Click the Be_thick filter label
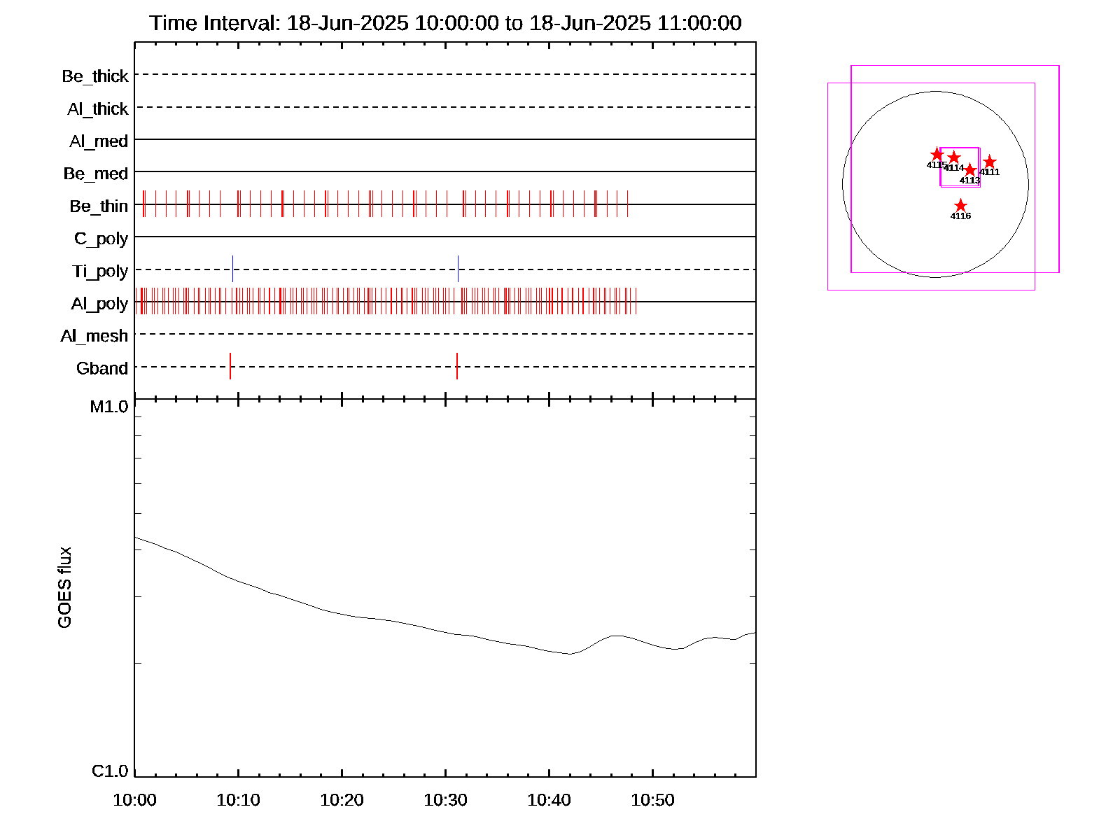[x=95, y=76]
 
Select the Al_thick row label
[x=98, y=108]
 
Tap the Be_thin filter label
[x=99, y=206]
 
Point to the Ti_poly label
[x=100, y=271]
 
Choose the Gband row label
[x=102, y=368]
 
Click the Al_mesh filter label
[x=94, y=336]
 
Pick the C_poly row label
[x=101, y=239]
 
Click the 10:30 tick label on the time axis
[x=445, y=799]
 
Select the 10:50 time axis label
[x=652, y=799]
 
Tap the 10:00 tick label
[x=134, y=799]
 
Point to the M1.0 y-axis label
[x=109, y=407]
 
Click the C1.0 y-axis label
[x=110, y=771]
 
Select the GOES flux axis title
[x=64, y=587]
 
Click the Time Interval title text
[x=445, y=23]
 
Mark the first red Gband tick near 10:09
[x=230, y=366]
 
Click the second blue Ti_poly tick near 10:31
[x=458, y=269]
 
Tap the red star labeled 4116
[x=960, y=206]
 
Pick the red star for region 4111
[x=989, y=162]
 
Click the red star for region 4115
[x=937, y=155]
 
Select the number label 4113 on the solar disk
[x=969, y=181]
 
